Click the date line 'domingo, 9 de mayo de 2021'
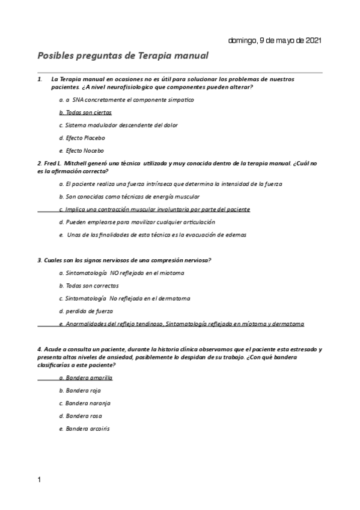coord(275,40)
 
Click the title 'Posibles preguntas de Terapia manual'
coord(123,56)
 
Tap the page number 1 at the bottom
coord(39,479)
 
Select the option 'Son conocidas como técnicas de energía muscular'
coord(129,196)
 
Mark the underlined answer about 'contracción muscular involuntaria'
coord(154,209)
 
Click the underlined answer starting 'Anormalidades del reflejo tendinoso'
coord(182,324)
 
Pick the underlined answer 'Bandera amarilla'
coord(86,378)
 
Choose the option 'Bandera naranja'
coord(85,403)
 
